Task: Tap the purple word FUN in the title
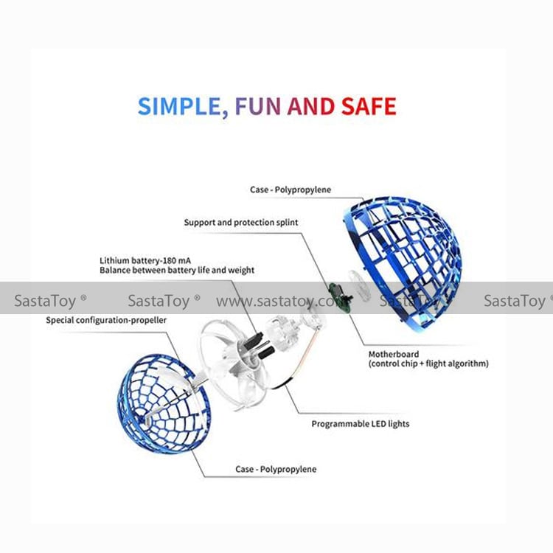pyautogui.click(x=257, y=106)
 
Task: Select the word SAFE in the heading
pyautogui.click(x=369, y=106)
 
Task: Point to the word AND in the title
pyautogui.click(x=311, y=106)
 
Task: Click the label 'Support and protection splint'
pyautogui.click(x=241, y=222)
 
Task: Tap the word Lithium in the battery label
pyautogui.click(x=115, y=261)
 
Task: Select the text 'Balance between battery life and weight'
pyautogui.click(x=177, y=271)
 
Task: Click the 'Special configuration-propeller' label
pyautogui.click(x=106, y=320)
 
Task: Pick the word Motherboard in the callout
pyautogui.click(x=394, y=355)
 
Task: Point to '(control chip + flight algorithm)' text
pyautogui.click(x=428, y=364)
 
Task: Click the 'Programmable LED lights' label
pyautogui.click(x=360, y=424)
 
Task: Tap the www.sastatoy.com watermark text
pyautogui.click(x=280, y=301)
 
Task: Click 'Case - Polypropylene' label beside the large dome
pyautogui.click(x=291, y=189)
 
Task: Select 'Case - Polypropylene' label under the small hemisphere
pyautogui.click(x=276, y=470)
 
